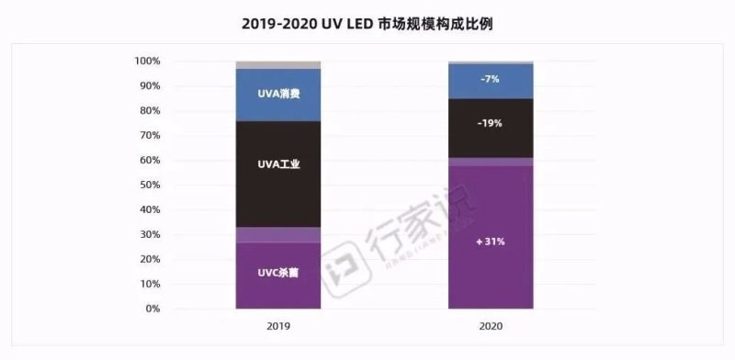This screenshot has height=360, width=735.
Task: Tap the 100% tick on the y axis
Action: click(x=148, y=62)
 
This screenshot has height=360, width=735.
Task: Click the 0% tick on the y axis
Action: click(x=153, y=309)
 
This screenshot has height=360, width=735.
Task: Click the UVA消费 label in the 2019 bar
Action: click(x=278, y=94)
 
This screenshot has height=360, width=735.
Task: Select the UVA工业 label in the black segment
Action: click(x=278, y=164)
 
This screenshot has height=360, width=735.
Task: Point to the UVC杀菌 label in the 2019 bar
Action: click(x=278, y=274)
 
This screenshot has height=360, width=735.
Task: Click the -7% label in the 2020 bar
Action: click(x=490, y=80)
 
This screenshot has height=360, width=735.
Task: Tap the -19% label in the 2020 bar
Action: click(x=490, y=123)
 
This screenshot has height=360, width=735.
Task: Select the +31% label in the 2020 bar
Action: click(x=490, y=242)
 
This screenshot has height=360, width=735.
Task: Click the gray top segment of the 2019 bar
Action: click(x=278, y=65)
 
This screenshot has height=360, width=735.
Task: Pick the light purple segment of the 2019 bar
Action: click(x=278, y=235)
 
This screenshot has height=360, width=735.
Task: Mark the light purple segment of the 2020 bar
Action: click(x=490, y=162)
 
